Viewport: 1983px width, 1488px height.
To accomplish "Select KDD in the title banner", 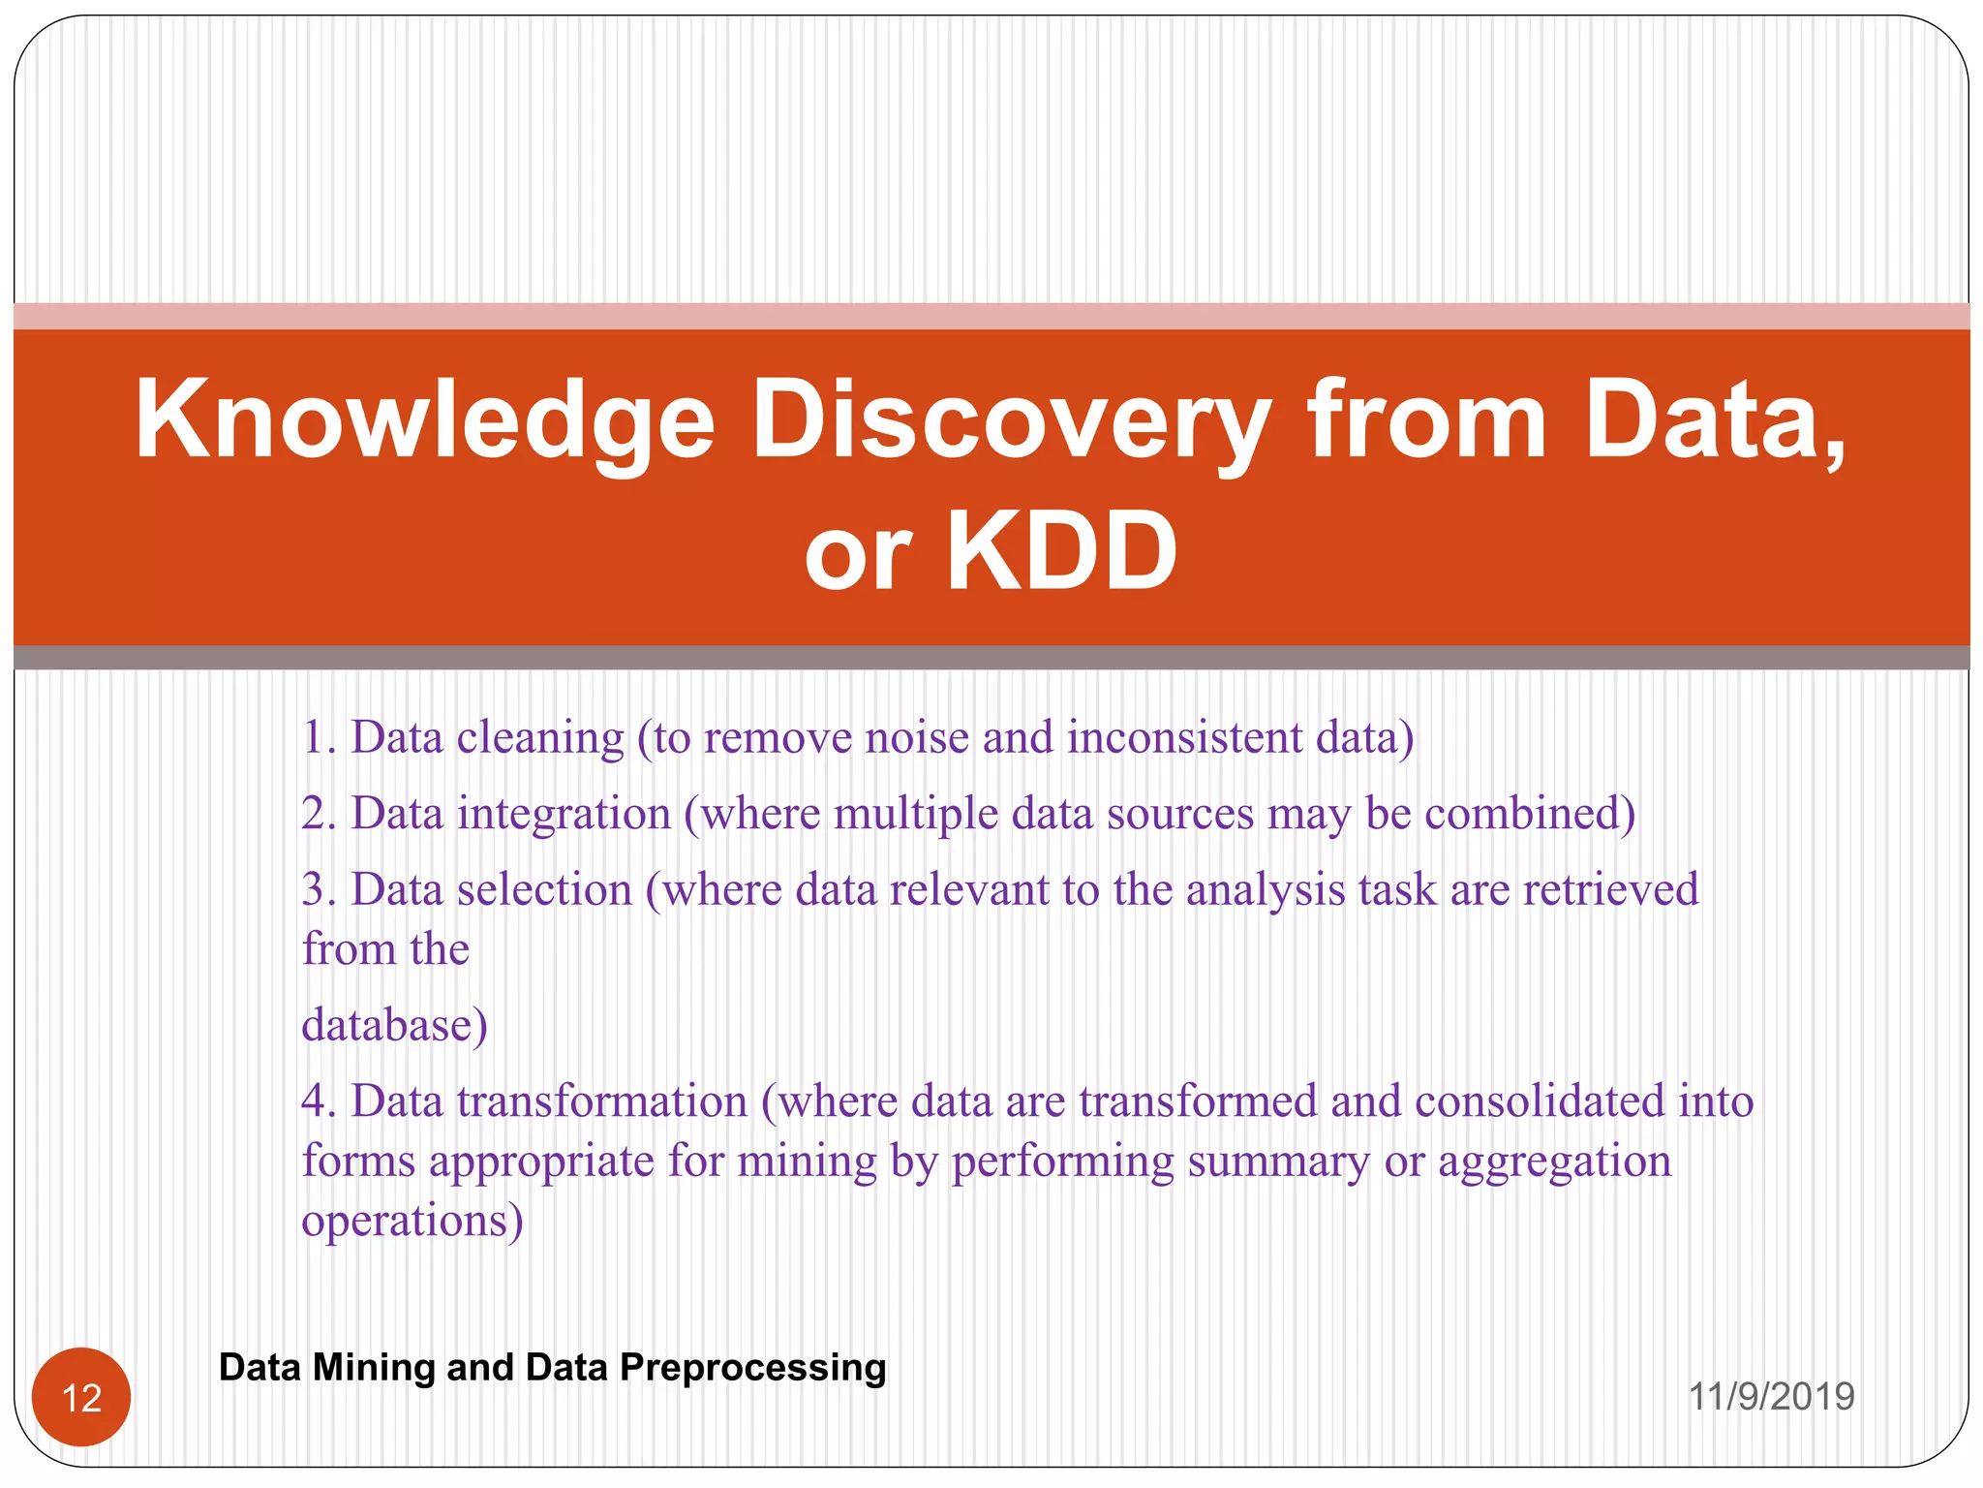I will tap(1061, 552).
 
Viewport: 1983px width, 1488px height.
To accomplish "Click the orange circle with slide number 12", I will tap(81, 1397).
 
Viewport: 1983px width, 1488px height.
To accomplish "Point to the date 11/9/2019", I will tap(1771, 1397).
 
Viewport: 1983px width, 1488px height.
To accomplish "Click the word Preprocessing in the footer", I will tap(752, 1367).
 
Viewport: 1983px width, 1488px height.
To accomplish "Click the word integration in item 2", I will tap(564, 813).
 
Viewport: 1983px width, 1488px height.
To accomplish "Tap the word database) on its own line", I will tap(394, 1025).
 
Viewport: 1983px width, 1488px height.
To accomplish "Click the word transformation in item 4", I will tap(602, 1101).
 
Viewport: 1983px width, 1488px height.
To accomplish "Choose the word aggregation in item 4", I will tap(1554, 1162).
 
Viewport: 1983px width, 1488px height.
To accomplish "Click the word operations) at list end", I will tap(412, 1221).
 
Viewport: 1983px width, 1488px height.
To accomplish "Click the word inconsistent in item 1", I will tap(1184, 737).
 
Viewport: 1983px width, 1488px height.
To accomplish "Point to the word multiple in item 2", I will tap(915, 813).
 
